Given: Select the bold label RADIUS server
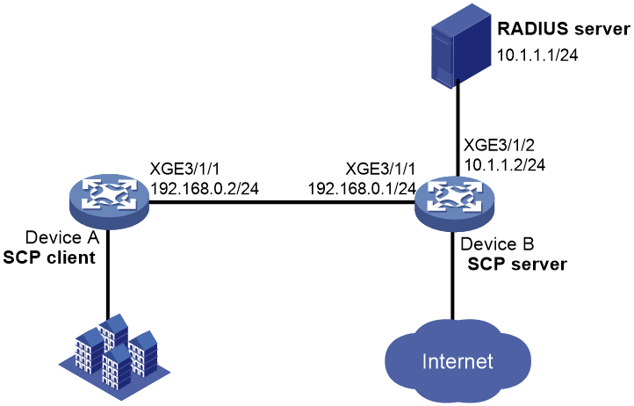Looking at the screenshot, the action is click(x=563, y=29).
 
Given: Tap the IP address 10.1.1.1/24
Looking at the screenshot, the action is click(x=537, y=54).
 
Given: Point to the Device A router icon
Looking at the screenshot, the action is click(x=109, y=201).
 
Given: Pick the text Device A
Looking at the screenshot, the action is click(x=62, y=237).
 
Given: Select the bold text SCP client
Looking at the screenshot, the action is click(x=49, y=257).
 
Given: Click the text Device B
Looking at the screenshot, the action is click(x=497, y=244).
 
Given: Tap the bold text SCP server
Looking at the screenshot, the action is click(x=517, y=264).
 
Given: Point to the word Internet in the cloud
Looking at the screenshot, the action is click(x=457, y=361).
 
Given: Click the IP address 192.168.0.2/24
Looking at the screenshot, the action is click(x=205, y=189).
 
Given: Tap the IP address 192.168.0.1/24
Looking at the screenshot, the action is click(x=363, y=189).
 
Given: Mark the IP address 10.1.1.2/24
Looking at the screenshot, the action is click(x=504, y=164).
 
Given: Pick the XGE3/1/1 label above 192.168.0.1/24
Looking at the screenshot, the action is click(x=380, y=169).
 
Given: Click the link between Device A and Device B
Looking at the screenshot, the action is click(x=282, y=201).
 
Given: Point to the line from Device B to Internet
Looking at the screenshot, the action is click(x=453, y=276).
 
